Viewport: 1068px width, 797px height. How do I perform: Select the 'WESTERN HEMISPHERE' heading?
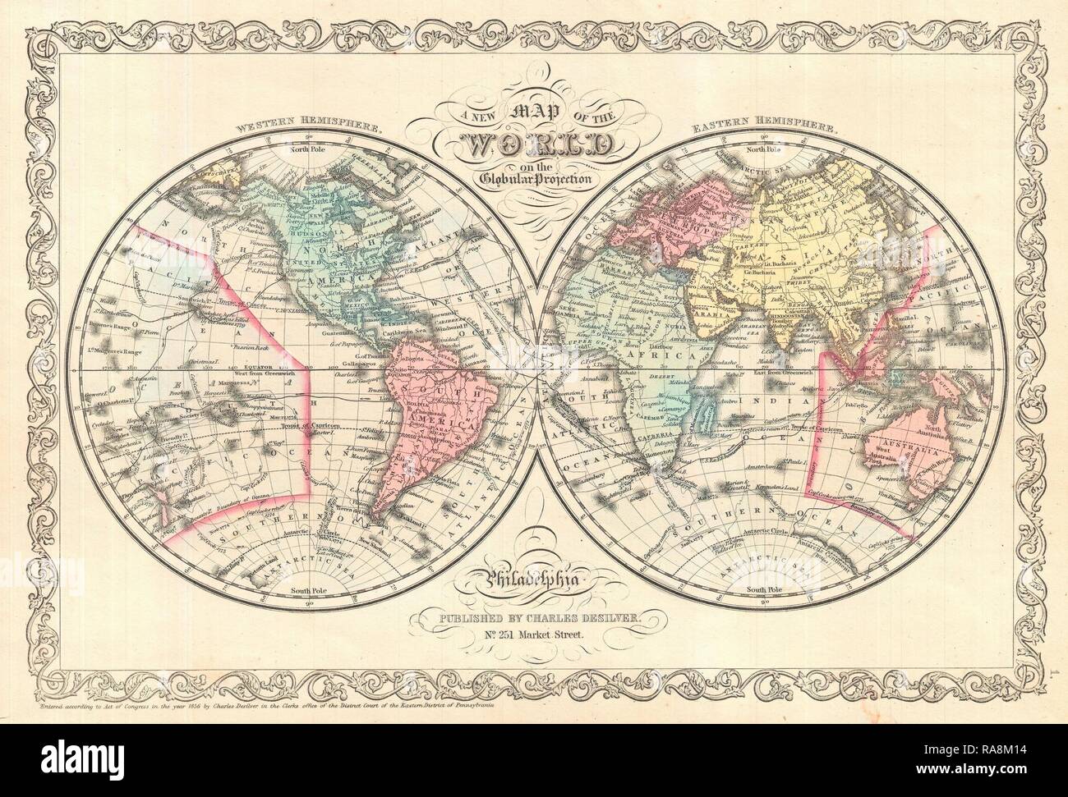pos(310,129)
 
